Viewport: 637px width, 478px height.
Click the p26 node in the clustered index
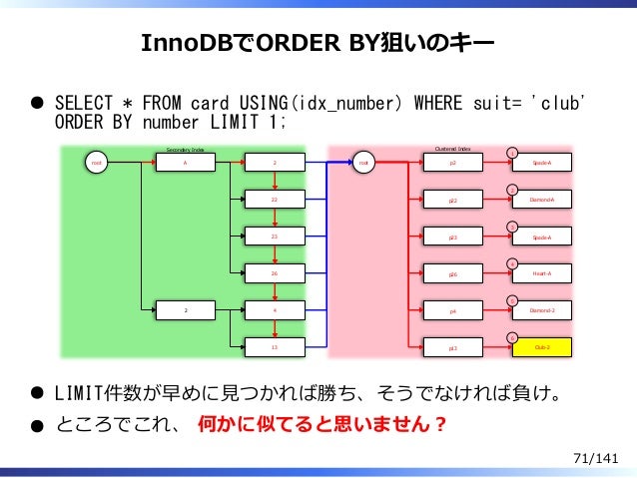coord(452,273)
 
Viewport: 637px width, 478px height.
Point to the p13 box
coord(452,348)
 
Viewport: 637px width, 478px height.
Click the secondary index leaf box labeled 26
coord(275,272)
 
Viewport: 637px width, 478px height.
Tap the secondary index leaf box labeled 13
coord(275,346)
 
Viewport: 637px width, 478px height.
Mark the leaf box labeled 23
coord(275,236)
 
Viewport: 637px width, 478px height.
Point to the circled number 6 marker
coord(511,337)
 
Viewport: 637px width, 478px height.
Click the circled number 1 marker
coord(511,152)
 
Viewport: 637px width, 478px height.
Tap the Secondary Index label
coord(185,149)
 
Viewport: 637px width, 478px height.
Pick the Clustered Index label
coord(452,148)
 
